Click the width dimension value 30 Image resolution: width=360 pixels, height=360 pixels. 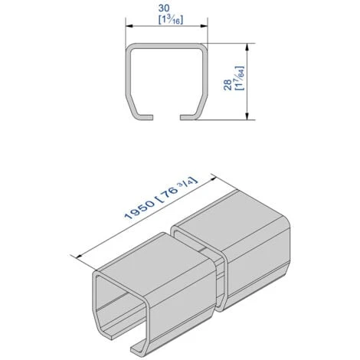(164, 8)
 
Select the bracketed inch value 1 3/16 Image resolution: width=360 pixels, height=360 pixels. (171, 20)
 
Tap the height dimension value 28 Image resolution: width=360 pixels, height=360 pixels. (227, 85)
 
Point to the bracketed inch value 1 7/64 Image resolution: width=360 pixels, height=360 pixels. (240, 78)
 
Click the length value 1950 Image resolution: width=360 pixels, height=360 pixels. (139, 210)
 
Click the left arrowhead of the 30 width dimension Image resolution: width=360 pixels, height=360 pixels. (129, 26)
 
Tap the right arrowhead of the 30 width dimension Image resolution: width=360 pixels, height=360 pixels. (204, 26)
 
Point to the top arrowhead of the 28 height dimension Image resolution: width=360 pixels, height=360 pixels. (247, 47)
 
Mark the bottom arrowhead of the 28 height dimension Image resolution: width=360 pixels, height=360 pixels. (247, 116)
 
